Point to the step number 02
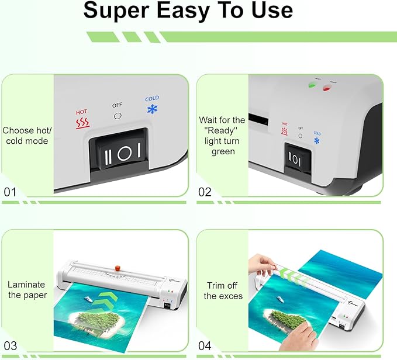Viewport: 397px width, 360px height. coord(205,191)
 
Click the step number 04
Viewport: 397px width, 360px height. coord(205,345)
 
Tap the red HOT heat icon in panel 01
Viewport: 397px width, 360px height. coord(82,123)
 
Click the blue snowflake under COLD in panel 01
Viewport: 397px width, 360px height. coord(152,109)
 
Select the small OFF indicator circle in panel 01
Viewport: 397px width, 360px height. coord(118,115)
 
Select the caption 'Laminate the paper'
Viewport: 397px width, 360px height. coord(26,290)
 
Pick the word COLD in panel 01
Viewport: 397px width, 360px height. coord(152,98)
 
